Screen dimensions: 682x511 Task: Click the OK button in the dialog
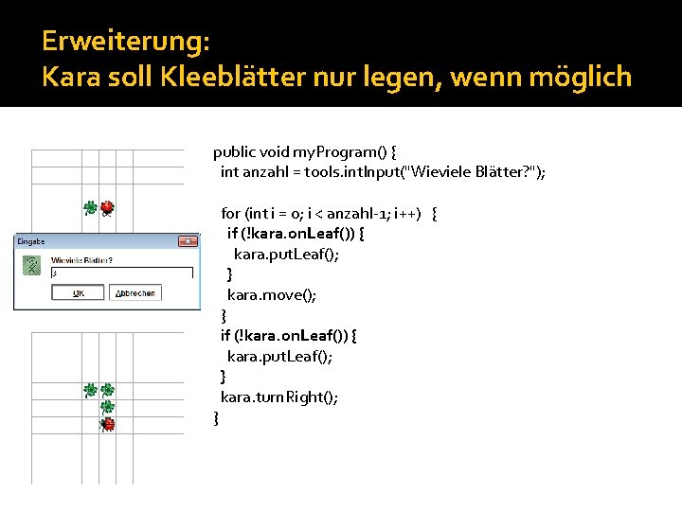tap(78, 293)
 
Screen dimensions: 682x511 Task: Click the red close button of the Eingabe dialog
tap(189, 241)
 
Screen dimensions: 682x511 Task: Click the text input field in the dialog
tap(121, 273)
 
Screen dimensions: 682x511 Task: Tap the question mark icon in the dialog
tap(33, 267)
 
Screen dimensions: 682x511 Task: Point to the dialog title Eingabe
tap(30, 241)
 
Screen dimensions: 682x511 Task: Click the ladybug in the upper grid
tap(107, 207)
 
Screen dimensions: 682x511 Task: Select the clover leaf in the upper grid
tap(90, 207)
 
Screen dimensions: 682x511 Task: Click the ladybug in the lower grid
tap(107, 424)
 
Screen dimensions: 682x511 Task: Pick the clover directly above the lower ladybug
tap(108, 407)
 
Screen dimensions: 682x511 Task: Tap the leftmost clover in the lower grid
tap(90, 390)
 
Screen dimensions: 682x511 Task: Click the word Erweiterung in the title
tap(126, 42)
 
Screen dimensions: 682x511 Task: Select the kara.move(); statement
tap(272, 294)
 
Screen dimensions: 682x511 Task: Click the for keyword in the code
tap(229, 213)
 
